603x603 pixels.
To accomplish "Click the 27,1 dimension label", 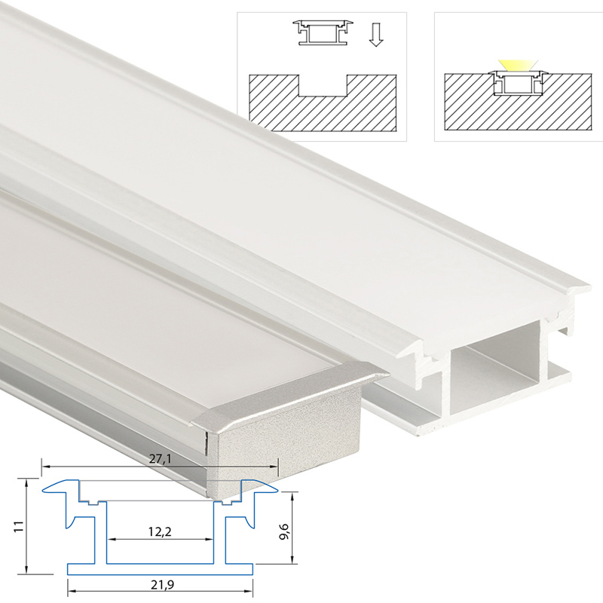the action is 160,459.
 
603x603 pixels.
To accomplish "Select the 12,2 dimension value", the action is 160,532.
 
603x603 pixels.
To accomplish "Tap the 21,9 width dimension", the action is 162,585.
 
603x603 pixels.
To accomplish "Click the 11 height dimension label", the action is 18,526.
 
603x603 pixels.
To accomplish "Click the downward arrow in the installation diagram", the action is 375,35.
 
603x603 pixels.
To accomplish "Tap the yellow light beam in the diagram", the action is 518,66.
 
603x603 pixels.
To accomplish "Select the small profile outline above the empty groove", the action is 323,32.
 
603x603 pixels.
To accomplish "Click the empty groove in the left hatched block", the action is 323,85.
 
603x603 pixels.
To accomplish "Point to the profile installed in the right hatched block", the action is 518,83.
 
